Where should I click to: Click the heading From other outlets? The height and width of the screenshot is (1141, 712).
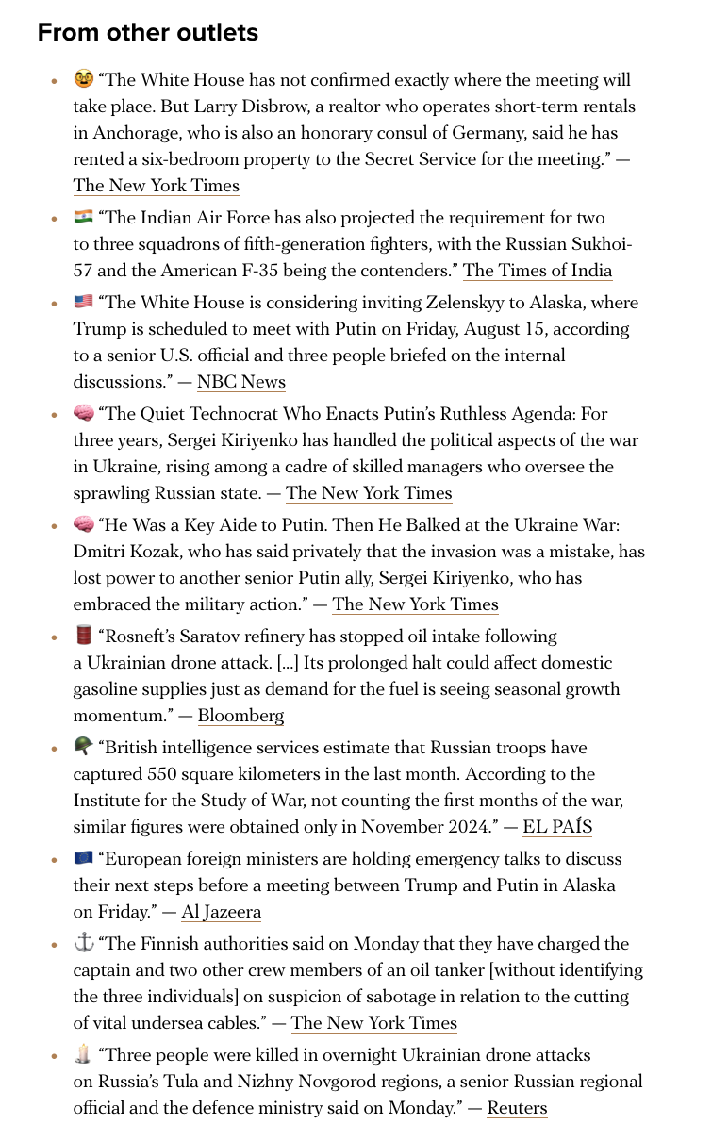click(147, 33)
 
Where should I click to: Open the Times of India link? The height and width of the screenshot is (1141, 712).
click(538, 271)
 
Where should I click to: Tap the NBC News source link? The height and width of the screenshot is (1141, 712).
click(240, 382)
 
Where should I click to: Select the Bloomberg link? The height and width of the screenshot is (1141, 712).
click(240, 716)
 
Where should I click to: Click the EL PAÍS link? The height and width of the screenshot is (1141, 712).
click(557, 827)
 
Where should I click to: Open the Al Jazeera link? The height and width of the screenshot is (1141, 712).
click(222, 912)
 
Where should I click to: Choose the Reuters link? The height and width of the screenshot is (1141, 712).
click(517, 1108)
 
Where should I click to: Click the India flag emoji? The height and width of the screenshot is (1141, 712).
click(84, 218)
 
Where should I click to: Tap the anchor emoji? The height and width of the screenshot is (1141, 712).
click(84, 943)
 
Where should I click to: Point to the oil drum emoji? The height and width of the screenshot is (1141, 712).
click(84, 636)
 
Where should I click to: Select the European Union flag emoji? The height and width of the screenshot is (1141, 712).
click(84, 858)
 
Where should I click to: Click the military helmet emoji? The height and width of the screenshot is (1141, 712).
click(84, 747)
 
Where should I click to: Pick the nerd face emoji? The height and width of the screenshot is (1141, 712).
click(84, 79)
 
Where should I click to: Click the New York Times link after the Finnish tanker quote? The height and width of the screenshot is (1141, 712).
click(373, 1023)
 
